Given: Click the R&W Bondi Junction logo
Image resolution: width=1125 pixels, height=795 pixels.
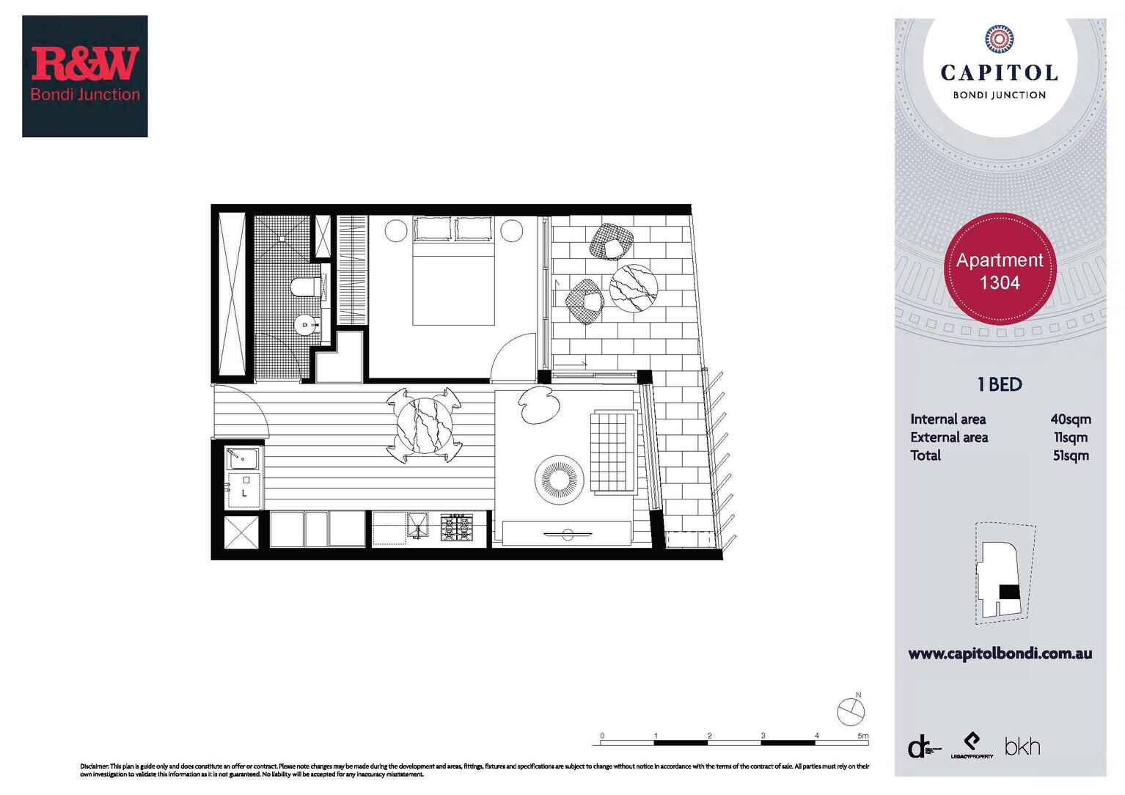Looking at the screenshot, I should pos(85,76).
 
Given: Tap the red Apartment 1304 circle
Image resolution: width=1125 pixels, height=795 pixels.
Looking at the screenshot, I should pos(1000,270).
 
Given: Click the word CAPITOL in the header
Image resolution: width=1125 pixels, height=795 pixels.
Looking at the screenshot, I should pos(999,73).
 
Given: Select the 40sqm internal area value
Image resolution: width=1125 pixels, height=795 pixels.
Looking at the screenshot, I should pos(1070,420).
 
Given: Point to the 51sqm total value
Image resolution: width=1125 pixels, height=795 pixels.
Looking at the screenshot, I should pos(1070,455).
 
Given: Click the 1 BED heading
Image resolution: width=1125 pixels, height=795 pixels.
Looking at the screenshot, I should pos(1000,384).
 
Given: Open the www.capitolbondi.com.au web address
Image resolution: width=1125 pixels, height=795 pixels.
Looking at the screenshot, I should pos(1000,653).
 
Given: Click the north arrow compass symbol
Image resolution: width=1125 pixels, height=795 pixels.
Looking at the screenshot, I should pos(851,711).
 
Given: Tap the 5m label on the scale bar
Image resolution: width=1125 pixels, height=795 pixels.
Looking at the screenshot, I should pos(862,736).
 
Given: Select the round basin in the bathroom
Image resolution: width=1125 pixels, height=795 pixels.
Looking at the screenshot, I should pos(305,324).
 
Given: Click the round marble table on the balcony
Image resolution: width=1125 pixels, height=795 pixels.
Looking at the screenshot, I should pos(634,288).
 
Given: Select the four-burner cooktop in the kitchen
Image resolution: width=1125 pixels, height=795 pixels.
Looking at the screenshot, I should pos(457,527).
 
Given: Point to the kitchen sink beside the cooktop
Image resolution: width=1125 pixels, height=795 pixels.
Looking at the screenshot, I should pos(417,526).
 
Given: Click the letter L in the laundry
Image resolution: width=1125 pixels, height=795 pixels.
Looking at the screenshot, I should pos(244,494).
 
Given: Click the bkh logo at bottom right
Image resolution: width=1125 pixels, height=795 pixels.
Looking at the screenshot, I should pos(1022,747).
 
